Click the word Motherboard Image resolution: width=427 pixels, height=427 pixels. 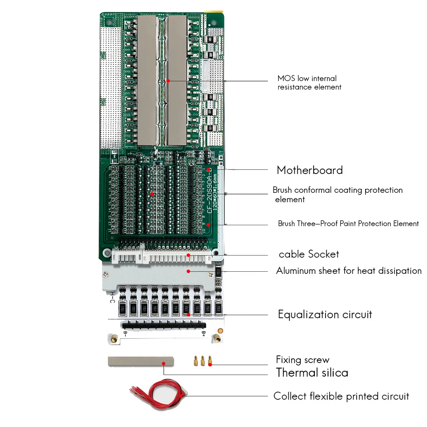[310, 170]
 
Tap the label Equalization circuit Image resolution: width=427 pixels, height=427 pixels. [325, 315]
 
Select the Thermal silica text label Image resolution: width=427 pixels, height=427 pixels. [312, 372]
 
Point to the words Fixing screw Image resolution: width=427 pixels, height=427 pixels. [302, 360]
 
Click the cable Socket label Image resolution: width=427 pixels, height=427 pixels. [309, 254]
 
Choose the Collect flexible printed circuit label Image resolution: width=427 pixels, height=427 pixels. [341, 396]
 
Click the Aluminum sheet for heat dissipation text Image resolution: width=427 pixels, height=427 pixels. [349, 271]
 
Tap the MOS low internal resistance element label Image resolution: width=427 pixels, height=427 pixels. [309, 83]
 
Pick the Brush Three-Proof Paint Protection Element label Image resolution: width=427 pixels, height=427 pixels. [348, 224]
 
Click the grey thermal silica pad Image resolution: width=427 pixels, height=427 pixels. [141, 362]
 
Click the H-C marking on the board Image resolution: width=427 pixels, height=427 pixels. [112, 297]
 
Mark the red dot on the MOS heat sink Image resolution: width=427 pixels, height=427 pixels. [168, 80]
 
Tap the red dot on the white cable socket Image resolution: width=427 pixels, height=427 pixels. [189, 255]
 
